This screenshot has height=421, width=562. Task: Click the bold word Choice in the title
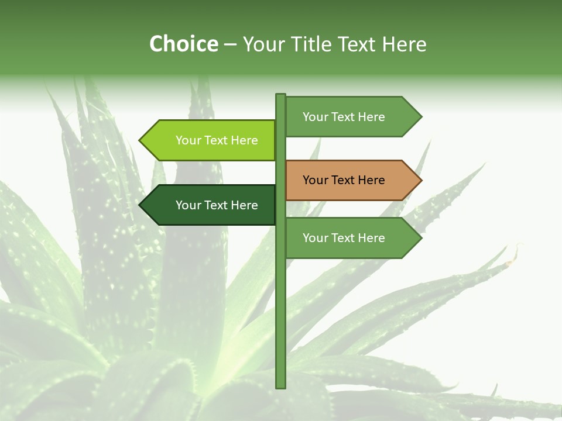point(183,44)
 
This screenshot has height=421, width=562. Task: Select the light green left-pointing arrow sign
point(211,140)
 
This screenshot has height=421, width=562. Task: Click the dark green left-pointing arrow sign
point(211,205)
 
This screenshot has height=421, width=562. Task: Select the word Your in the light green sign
point(188,140)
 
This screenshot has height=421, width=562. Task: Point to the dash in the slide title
point(230,44)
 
